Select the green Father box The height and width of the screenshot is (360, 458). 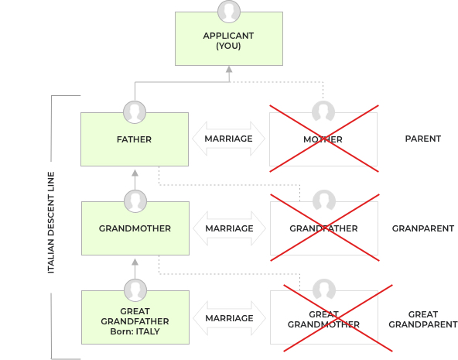(x=135, y=139)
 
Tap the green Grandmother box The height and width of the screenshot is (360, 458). (x=135, y=228)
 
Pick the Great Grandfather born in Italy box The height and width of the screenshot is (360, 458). (x=135, y=317)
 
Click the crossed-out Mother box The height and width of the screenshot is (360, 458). (x=323, y=139)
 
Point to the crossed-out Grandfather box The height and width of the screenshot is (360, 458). (x=324, y=228)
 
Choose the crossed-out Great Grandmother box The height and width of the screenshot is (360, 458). (x=324, y=317)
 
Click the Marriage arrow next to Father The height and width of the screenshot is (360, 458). (x=229, y=139)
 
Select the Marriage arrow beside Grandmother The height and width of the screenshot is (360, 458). (x=229, y=228)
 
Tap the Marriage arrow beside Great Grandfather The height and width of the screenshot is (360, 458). (x=229, y=318)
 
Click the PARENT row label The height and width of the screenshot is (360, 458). (x=423, y=139)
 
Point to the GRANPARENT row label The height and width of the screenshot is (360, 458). (x=423, y=228)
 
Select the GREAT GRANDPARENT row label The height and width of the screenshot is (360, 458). (x=423, y=320)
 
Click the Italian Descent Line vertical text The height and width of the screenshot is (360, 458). (x=51, y=223)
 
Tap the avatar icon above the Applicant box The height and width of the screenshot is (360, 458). (x=229, y=12)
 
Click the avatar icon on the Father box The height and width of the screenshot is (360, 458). (x=135, y=112)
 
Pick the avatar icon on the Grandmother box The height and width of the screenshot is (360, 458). (x=135, y=201)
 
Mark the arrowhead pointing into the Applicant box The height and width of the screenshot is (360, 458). (x=229, y=70)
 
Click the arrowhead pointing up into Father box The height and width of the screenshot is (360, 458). (x=135, y=173)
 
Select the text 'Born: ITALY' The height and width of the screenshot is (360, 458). (x=135, y=331)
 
